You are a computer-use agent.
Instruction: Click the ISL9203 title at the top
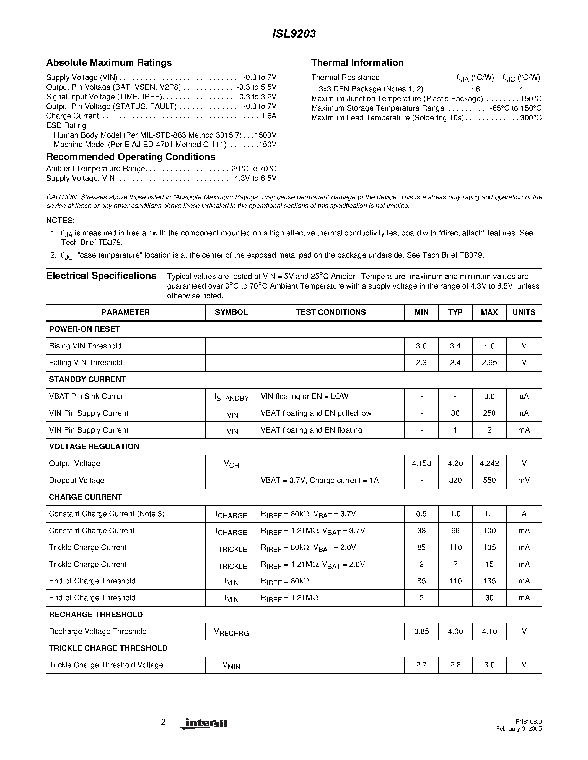click(294, 34)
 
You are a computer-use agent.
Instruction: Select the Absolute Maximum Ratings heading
click(109, 63)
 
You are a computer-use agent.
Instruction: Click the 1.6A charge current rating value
click(269, 116)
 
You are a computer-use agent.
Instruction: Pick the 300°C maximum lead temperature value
click(530, 118)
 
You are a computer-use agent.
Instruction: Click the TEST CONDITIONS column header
click(331, 312)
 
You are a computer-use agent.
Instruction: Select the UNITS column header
click(524, 312)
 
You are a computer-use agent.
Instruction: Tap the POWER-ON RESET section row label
click(84, 329)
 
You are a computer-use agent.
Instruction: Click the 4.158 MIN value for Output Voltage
click(421, 463)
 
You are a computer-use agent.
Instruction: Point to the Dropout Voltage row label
click(77, 480)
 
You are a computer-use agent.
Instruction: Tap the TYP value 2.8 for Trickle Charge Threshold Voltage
click(455, 665)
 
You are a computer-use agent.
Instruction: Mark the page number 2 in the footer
click(163, 722)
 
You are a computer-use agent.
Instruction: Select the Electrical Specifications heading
click(101, 276)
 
